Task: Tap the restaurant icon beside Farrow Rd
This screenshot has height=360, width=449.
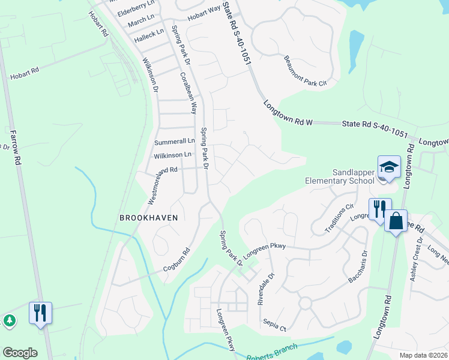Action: click(x=40, y=313)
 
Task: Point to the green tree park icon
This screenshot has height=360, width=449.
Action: click(x=10, y=320)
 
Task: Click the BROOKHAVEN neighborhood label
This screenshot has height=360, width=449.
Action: click(x=149, y=218)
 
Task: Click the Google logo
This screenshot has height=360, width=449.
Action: click(x=20, y=353)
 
